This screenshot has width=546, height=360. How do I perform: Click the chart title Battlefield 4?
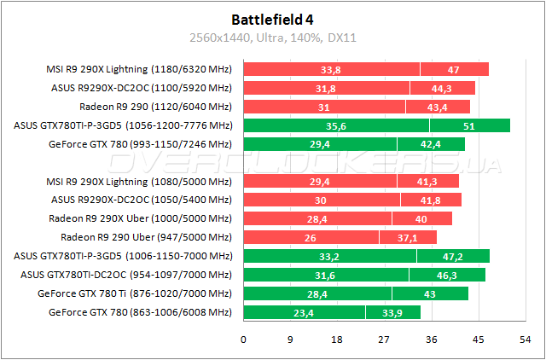click(272, 18)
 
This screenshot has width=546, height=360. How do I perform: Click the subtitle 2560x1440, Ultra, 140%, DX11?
click(272, 38)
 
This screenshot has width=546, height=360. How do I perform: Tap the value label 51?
click(469, 125)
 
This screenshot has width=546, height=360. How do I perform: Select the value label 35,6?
click(336, 125)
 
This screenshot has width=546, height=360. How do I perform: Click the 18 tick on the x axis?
click(337, 340)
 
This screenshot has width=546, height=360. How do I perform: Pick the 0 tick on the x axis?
click(244, 340)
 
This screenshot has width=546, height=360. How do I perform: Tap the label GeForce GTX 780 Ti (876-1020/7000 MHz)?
click(135, 293)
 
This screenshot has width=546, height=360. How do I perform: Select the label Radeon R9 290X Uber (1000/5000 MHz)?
click(141, 218)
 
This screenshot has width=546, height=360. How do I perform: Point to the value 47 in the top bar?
click(454, 69)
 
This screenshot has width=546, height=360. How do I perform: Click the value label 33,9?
click(393, 312)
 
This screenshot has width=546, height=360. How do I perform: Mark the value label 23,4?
click(305, 312)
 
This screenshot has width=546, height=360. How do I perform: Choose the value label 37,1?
click(408, 237)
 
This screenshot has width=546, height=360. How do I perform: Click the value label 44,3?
click(442, 88)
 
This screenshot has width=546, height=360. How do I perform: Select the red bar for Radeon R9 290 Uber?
click(340, 237)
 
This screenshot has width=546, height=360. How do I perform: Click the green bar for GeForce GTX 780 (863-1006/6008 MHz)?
click(332, 312)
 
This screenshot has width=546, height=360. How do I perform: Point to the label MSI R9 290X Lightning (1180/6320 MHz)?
click(137, 69)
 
